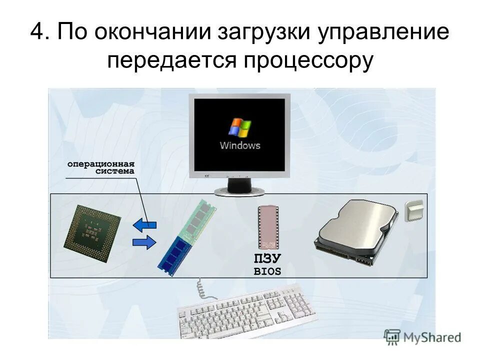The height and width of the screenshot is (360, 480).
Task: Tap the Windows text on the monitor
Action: pyautogui.click(x=240, y=145)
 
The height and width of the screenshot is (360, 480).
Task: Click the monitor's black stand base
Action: pyautogui.click(x=240, y=191)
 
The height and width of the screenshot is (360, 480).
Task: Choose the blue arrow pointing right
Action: pyautogui.click(x=144, y=243)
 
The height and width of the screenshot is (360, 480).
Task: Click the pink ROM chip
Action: pyautogui.click(x=268, y=227)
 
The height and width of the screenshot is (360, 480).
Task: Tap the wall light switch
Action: pyautogui.click(x=413, y=210)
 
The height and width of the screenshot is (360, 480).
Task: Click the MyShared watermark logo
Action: pyautogui.click(x=422, y=336)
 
